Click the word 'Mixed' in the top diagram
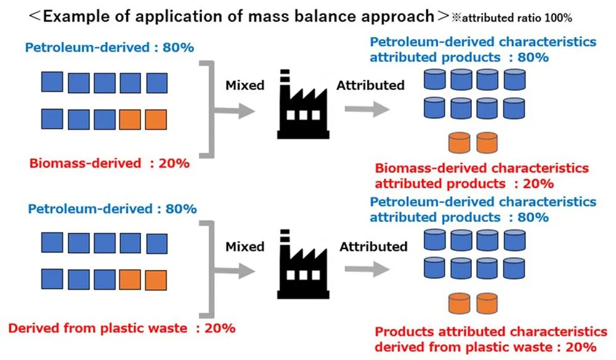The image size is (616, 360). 245,85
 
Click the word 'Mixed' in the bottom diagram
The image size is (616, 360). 245,247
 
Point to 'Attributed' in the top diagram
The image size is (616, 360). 370,85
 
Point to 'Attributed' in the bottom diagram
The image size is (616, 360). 373,247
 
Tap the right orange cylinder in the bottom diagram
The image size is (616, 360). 487,304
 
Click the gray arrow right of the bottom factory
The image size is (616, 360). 367,270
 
